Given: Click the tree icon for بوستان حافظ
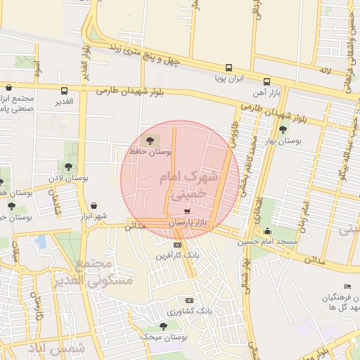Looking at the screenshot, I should [153, 139].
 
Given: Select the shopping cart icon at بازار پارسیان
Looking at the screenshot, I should [186, 211].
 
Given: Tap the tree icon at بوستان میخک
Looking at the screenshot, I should [163, 326].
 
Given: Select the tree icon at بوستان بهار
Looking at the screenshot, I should [283, 129].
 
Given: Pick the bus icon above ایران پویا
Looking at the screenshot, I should [229, 68].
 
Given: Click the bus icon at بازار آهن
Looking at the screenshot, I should [266, 82].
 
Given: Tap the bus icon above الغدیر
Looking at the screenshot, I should [65, 91].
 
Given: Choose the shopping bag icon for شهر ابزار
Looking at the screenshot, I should [94, 205].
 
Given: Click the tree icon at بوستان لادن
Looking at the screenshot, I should [68, 167].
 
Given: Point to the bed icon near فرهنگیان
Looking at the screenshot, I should [348, 286].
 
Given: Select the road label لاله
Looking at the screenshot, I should [324, 72].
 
